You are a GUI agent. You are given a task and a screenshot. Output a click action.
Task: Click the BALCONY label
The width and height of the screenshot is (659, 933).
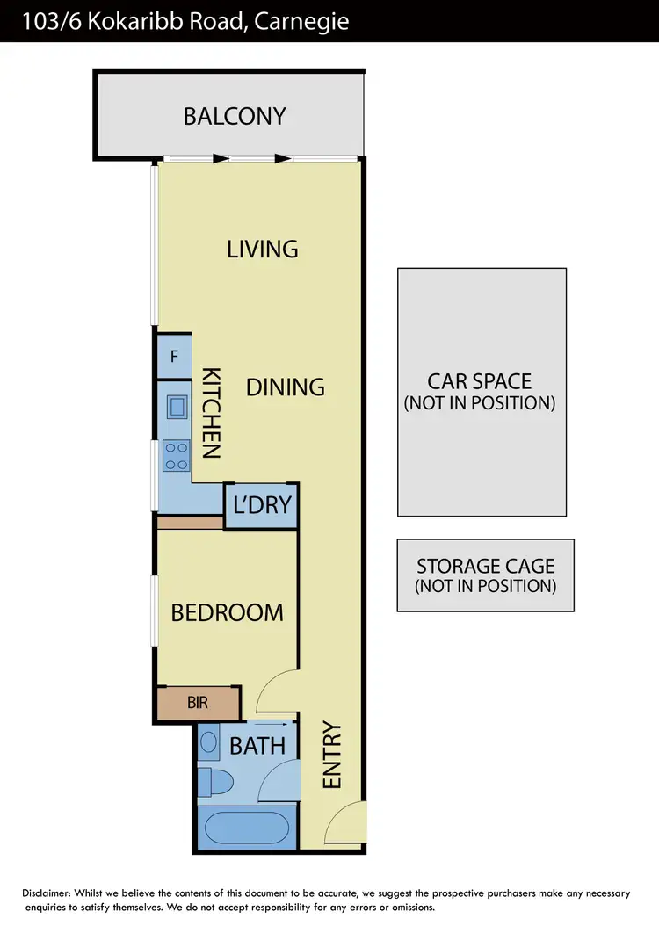[x=235, y=116]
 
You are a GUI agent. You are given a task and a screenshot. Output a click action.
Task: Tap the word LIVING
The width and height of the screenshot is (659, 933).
[x=263, y=249]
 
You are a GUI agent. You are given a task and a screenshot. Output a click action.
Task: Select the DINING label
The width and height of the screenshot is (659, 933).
[x=286, y=387]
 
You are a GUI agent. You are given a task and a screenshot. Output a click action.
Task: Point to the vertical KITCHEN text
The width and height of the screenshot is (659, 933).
[x=211, y=413]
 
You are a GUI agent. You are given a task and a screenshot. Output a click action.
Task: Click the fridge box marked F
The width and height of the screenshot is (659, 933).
[x=174, y=357]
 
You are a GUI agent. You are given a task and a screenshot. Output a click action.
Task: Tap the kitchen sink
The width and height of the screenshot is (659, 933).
[x=177, y=406]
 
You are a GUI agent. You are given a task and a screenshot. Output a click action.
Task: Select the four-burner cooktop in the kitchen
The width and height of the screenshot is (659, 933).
[x=177, y=455]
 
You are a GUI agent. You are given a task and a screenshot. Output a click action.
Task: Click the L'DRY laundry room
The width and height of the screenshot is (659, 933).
[x=261, y=507]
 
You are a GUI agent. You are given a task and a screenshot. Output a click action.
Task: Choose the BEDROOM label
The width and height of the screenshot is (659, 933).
[x=227, y=612]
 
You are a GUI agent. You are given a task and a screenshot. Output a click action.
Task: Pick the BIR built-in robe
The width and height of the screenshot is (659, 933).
[x=199, y=703]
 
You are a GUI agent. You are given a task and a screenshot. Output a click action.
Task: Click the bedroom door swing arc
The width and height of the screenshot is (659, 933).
[x=277, y=688]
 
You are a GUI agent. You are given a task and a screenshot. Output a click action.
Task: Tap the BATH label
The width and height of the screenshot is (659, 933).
[x=257, y=746]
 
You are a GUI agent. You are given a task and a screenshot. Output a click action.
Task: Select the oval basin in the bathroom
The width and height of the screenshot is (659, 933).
[x=208, y=742]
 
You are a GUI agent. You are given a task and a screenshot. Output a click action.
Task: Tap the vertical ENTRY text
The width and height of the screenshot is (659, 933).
[x=332, y=755]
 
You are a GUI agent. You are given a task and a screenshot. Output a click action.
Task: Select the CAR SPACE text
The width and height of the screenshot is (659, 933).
[x=480, y=381]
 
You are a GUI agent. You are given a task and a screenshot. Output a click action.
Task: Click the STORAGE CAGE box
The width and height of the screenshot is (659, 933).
[x=485, y=575]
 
